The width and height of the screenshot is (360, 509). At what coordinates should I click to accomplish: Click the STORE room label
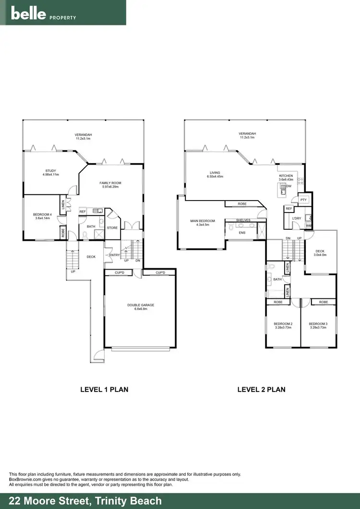pos(112,227)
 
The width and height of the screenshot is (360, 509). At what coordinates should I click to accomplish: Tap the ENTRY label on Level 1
pos(114,255)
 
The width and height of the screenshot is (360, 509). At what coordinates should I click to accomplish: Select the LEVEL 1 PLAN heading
pos(104,390)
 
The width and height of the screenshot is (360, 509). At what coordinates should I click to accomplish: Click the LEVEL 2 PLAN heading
pos(261,390)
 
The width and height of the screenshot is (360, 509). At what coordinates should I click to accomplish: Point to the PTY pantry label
pos(303,200)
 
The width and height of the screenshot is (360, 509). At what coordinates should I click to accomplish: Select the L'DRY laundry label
pos(296,219)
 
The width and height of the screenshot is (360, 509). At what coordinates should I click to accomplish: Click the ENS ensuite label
pos(242,233)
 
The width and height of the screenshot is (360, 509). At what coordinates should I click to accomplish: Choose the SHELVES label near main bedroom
pos(243,220)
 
